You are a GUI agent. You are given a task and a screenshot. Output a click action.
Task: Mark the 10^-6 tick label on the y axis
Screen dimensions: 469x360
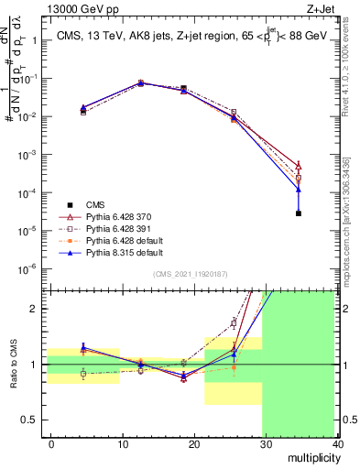click(x=27, y=268)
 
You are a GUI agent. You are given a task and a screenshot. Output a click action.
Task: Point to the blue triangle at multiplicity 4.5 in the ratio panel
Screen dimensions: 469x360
click(x=83, y=348)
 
